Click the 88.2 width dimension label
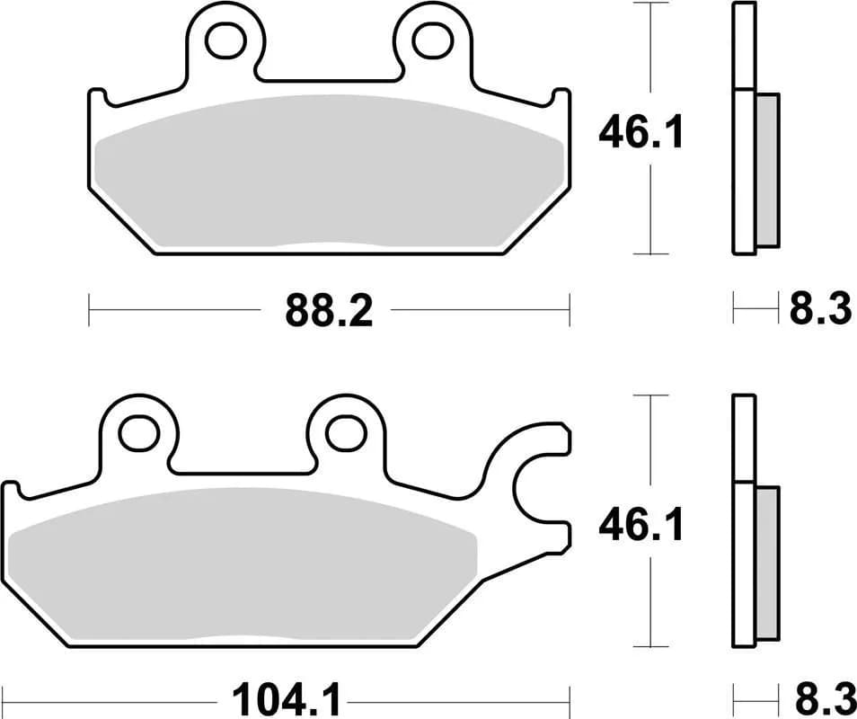(329, 312)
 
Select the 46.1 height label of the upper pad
(641, 134)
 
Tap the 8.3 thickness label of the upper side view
(820, 311)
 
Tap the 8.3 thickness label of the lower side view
(820, 697)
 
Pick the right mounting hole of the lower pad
(344, 432)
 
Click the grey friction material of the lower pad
(243, 566)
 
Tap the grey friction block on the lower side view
(768, 564)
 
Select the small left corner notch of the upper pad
(101, 95)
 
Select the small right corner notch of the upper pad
(559, 95)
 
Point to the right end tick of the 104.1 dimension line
(570, 697)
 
